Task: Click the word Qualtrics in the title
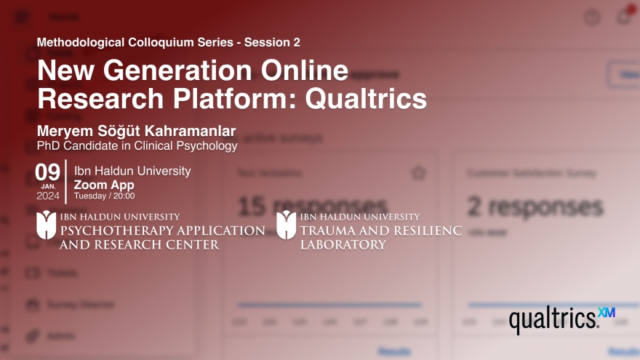click(366, 97)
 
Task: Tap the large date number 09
click(47, 172)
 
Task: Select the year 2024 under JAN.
click(47, 196)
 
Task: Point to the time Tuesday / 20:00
click(104, 196)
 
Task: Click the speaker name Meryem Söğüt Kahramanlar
click(137, 132)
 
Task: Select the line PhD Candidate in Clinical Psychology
click(137, 145)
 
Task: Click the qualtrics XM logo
click(561, 319)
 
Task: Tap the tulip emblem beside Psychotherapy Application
click(47, 225)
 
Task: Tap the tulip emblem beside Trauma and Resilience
click(286, 225)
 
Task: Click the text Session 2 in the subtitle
click(272, 42)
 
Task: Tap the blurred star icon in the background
click(417, 173)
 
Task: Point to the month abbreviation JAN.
click(47, 185)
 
